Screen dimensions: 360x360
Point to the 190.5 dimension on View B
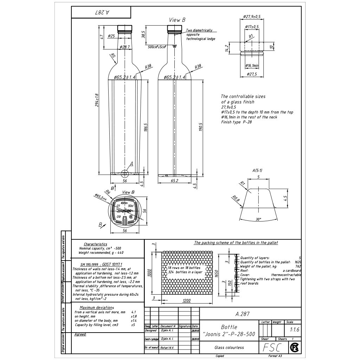click(200, 127)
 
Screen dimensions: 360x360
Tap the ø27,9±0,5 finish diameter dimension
click(252, 17)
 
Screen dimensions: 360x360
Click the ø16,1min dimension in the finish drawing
click(252, 65)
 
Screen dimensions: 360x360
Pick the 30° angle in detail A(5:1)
click(258, 219)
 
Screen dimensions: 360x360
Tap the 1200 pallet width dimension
click(186, 301)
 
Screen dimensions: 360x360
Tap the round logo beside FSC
click(294, 347)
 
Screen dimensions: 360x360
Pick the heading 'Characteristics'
click(95, 244)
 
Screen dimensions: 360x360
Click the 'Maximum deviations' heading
click(97, 308)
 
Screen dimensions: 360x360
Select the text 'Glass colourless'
click(229, 347)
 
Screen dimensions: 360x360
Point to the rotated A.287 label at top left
click(102, 12)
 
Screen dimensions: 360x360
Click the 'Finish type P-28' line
click(236, 122)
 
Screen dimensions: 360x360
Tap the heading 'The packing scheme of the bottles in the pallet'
click(236, 243)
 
